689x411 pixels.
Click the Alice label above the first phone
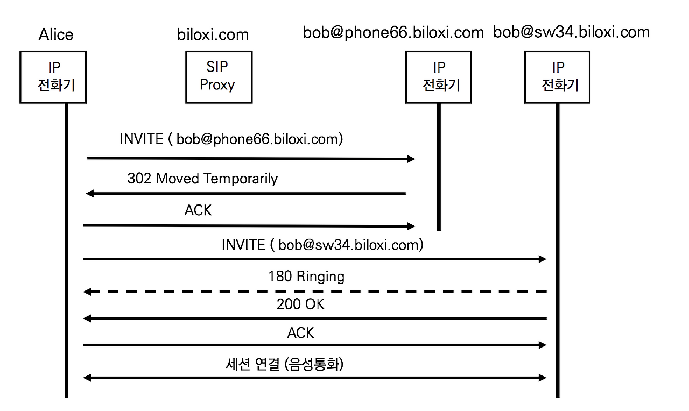pyautogui.click(x=56, y=34)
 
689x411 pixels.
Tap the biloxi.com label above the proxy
pyautogui.click(x=213, y=34)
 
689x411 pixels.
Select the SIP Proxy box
pyautogui.click(x=219, y=77)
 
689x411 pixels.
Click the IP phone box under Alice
pyautogui.click(x=53, y=77)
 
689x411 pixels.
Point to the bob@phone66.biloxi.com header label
pyautogui.click(x=393, y=33)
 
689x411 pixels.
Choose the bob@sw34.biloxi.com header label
pyautogui.click(x=572, y=32)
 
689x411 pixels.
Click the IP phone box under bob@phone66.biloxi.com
pyautogui.click(x=438, y=77)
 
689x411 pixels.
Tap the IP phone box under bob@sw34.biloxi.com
pyautogui.click(x=557, y=77)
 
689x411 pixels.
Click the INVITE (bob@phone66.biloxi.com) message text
pyautogui.click(x=231, y=139)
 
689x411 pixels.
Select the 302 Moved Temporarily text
pyautogui.click(x=202, y=179)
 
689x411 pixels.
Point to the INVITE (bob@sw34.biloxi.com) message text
pyautogui.click(x=322, y=245)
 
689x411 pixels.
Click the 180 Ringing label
pyautogui.click(x=306, y=277)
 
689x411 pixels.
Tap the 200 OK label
pyautogui.click(x=300, y=304)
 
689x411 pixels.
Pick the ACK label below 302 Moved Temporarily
pyautogui.click(x=198, y=210)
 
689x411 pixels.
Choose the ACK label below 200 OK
pyautogui.click(x=300, y=333)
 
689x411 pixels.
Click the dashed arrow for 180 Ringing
pyautogui.click(x=315, y=292)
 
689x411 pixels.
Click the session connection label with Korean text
pyautogui.click(x=285, y=365)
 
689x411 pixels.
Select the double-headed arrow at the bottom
pyautogui.click(x=315, y=378)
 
